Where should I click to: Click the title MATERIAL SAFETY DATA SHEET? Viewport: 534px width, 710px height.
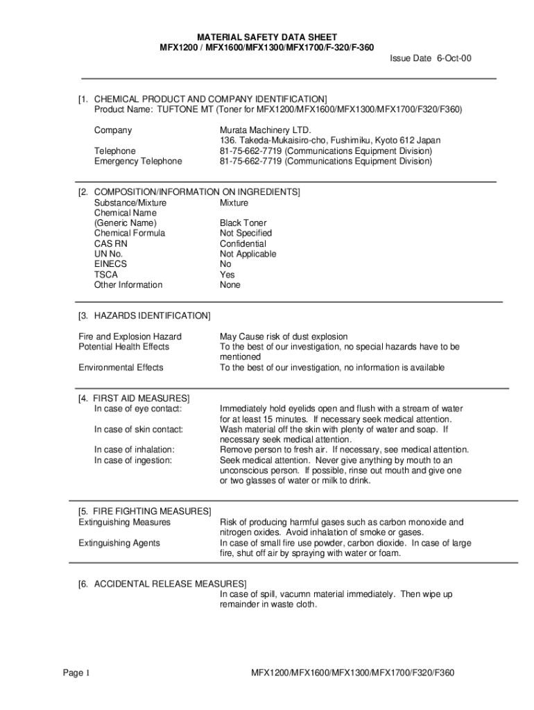[x=267, y=37]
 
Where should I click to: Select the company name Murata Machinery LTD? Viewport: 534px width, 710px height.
[x=266, y=130]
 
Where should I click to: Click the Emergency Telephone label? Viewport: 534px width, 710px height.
[x=138, y=162]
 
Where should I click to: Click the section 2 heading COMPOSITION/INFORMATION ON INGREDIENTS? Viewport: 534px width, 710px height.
[x=197, y=192]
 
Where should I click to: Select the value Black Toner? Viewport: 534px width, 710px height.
[x=243, y=223]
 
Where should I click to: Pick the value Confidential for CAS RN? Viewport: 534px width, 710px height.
[x=243, y=244]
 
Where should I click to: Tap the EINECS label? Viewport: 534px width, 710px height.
[x=110, y=264]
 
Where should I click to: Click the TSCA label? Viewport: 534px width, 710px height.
[x=106, y=275]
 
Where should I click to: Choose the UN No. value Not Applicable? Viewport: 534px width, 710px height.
[x=248, y=254]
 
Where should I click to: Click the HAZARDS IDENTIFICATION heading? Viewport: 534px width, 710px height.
[x=148, y=316]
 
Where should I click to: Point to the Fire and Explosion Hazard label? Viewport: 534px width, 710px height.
[x=130, y=336]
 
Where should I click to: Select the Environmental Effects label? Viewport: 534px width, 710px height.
[x=121, y=367]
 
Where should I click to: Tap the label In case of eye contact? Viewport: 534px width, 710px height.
[x=137, y=409]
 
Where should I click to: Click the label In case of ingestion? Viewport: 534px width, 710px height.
[x=133, y=460]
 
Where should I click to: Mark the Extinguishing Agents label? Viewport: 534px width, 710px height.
[x=119, y=543]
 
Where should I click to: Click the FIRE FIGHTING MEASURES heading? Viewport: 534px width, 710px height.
[x=150, y=511]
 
